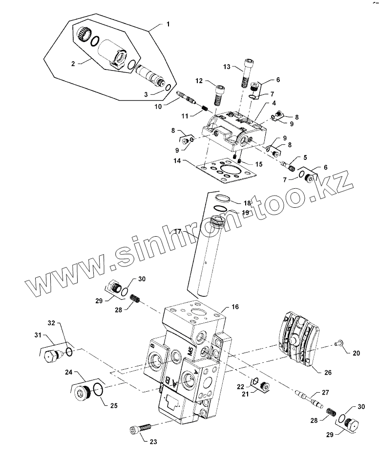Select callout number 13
[227, 67]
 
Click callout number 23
[153, 442]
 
